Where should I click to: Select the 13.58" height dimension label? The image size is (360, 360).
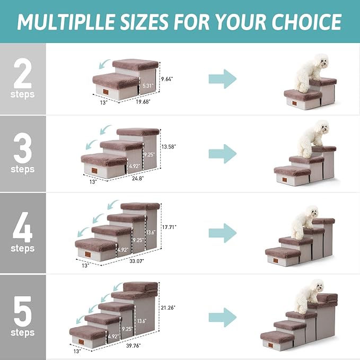point(169,146)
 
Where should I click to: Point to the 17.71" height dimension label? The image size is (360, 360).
point(170,226)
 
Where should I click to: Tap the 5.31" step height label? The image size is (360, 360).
point(147,84)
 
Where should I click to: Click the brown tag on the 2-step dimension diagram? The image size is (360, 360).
point(108,93)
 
